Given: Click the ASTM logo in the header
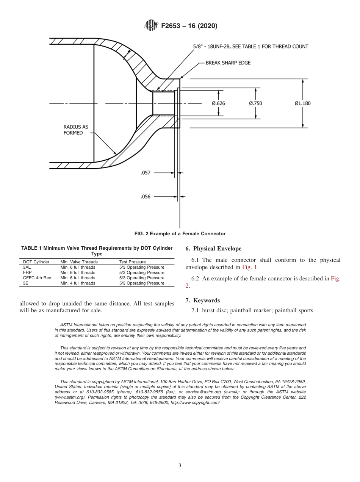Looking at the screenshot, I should click(152, 26).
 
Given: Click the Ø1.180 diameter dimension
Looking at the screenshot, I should click(302, 103).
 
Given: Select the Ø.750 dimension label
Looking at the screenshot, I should click(255, 103).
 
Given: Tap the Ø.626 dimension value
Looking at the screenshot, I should click(219, 103).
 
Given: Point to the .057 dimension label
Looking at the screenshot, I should click(146, 173).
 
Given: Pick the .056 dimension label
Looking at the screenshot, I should click(146, 197).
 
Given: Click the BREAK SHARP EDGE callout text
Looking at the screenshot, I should click(228, 63).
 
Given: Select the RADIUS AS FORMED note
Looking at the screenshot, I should click(75, 130).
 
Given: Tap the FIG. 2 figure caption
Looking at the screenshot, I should click(180, 234).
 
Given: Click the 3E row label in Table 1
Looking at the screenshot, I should click(26, 283).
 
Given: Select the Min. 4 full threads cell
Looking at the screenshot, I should click(78, 283).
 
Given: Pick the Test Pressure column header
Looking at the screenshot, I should click(132, 262).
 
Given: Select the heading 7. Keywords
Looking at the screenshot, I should click(202, 300).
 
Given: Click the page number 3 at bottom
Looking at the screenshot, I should click(180, 465).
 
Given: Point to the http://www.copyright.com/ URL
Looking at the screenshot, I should click(195, 402).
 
